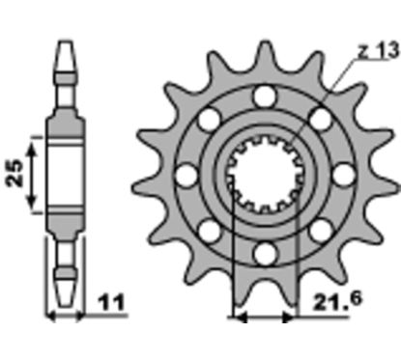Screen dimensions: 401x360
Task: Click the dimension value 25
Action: coord(14,174)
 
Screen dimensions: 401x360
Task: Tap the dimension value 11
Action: coord(112,302)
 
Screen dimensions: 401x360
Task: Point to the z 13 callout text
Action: coord(379,51)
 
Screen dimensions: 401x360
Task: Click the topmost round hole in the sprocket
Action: coord(265,97)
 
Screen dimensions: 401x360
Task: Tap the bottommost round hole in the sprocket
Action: coord(265,254)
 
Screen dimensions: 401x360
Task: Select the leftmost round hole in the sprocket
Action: coord(186,176)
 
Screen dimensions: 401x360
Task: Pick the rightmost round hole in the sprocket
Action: coord(343,176)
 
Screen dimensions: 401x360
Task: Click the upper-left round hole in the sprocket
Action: coord(210,120)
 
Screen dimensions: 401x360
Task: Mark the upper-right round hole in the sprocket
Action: coord(321,120)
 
